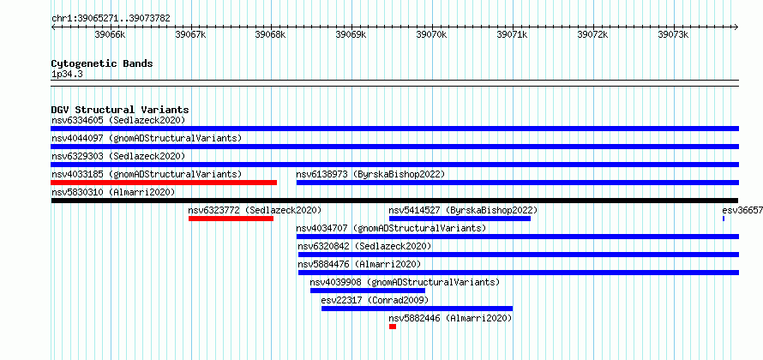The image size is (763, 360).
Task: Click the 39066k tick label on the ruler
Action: [x=110, y=35]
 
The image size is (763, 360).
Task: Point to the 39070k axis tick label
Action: [x=431, y=35]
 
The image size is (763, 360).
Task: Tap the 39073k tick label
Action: [x=673, y=35]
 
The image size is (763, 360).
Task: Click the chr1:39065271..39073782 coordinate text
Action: [x=111, y=19]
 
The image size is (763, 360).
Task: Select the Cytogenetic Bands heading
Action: [x=102, y=63]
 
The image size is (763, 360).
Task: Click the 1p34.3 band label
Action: [x=67, y=75]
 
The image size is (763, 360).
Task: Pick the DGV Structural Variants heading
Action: [x=120, y=110]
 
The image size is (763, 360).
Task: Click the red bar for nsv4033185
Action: [x=164, y=183]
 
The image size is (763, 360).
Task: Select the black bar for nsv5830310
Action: [x=394, y=201]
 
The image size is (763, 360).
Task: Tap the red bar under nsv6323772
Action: [x=231, y=219]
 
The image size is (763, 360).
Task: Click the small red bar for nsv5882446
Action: [x=393, y=327]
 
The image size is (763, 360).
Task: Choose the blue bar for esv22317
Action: [x=417, y=309]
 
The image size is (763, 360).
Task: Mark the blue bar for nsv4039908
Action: [x=368, y=291]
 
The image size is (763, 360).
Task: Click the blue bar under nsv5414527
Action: [x=460, y=219]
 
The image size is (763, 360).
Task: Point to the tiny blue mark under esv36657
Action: [x=724, y=219]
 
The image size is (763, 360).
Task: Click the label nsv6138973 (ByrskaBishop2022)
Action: [x=370, y=174]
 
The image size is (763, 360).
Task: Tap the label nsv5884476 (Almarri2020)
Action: [x=359, y=264]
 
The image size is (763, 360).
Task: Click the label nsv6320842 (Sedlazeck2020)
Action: [x=364, y=246]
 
